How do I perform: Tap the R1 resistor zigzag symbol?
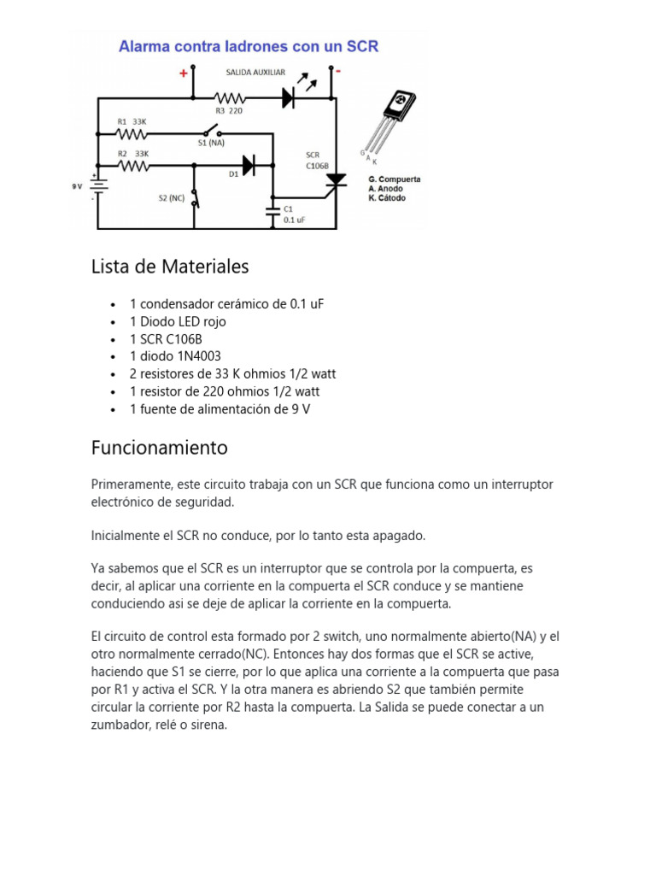click(x=132, y=134)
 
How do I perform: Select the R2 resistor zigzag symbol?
click(x=132, y=165)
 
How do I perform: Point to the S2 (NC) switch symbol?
click(x=195, y=199)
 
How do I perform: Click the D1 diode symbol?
click(x=248, y=166)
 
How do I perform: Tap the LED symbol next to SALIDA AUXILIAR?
click(x=290, y=98)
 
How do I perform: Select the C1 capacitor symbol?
click(x=273, y=209)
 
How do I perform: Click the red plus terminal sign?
click(x=183, y=74)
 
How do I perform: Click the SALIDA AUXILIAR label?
click(x=255, y=73)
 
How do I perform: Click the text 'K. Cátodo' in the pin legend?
click(x=387, y=198)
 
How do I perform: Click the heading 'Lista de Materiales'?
click(x=170, y=267)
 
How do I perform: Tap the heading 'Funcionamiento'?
click(x=160, y=447)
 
